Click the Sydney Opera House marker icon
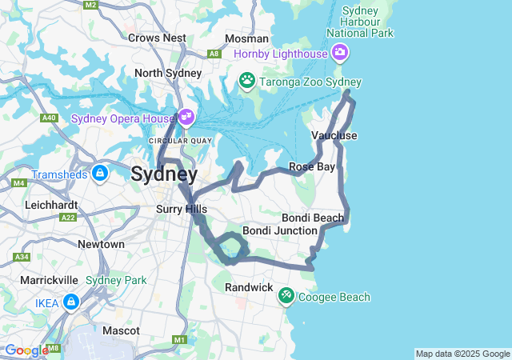pos(186,118)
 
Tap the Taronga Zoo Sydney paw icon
pos(247,81)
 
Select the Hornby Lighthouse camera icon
pos(340,54)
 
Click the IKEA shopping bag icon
pos(71,302)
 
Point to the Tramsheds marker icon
pos(100,174)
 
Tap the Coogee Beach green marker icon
pos(286,297)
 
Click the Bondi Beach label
pos(313,218)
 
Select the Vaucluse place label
pos(334,135)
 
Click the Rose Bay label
pos(312,166)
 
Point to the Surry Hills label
pos(181,210)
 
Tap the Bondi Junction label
pos(279,230)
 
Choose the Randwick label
pos(249,286)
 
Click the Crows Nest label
pos(158,38)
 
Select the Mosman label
pos(241,38)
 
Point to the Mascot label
pos(121,330)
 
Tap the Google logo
pos(26,350)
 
